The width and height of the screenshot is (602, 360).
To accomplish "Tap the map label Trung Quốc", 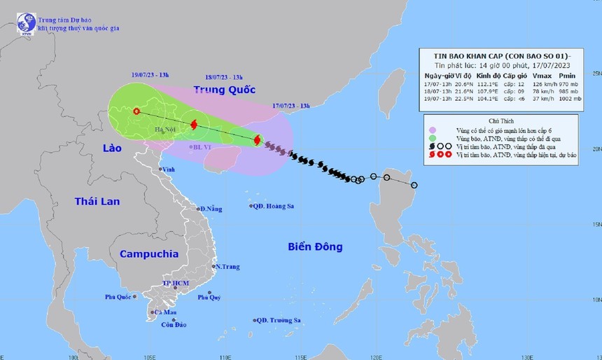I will (223, 90).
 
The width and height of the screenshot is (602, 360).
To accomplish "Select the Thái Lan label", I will (97, 202).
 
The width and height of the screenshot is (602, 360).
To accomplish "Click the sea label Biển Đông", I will (315, 247).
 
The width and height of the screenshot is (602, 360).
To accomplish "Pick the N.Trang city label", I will (227, 267).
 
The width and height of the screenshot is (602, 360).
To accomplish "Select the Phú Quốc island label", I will (119, 297).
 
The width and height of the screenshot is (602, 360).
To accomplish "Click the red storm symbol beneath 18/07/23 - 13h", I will (194, 125).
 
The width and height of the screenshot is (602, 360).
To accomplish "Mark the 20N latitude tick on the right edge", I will (596, 148).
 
